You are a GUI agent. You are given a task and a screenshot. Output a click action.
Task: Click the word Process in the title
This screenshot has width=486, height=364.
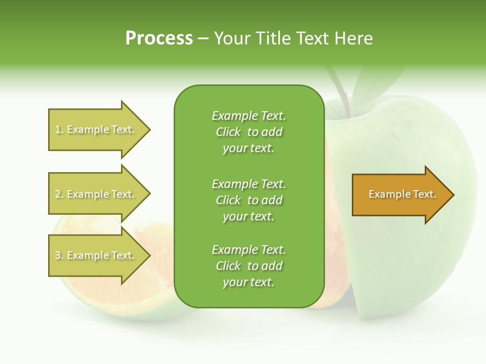(x=159, y=38)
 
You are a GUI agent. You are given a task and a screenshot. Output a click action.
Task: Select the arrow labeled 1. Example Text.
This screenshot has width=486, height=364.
(x=96, y=129)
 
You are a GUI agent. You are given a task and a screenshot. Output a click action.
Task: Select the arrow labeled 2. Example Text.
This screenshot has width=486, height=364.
(x=96, y=194)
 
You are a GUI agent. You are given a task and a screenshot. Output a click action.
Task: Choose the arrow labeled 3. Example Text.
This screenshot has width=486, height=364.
(x=96, y=255)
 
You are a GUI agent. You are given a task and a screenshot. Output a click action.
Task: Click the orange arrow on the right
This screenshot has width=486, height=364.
(x=400, y=195)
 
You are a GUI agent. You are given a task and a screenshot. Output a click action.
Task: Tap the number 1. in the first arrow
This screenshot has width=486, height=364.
(x=59, y=130)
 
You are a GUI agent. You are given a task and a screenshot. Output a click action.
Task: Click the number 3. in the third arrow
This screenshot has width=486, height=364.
(x=59, y=256)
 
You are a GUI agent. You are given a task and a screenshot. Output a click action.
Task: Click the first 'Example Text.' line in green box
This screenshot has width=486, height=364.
(x=249, y=116)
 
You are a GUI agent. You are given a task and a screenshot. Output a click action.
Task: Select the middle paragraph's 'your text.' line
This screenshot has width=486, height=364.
(x=249, y=216)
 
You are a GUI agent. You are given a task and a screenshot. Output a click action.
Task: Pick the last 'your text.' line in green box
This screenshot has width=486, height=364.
(x=249, y=283)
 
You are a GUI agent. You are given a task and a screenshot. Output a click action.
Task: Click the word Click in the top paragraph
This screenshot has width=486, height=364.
(x=228, y=132)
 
